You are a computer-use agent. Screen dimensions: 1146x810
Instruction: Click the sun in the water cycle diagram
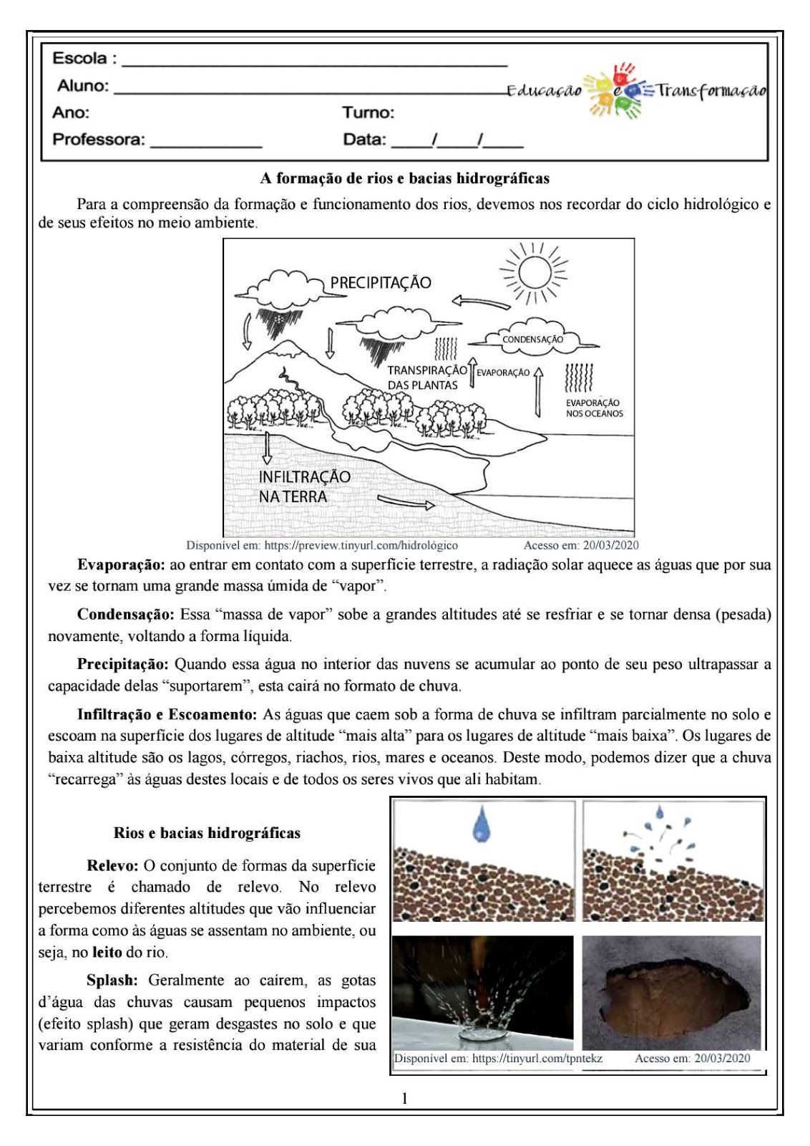534,273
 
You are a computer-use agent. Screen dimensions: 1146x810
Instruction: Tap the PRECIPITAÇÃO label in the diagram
381,282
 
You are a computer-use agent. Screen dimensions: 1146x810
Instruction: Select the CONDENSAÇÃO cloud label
532,340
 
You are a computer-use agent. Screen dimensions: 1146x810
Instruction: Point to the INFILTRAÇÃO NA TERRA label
304,486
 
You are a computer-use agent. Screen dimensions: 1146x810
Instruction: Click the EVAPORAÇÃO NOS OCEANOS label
594,408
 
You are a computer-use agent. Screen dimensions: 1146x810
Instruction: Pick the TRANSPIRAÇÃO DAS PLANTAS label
426,377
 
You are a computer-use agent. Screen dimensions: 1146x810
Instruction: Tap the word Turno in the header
367,112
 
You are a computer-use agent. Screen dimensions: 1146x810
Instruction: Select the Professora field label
98,140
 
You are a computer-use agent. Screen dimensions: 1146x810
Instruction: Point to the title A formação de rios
404,178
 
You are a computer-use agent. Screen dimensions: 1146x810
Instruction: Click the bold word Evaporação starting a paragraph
121,564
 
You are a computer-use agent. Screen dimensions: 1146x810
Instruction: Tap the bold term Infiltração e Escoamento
167,714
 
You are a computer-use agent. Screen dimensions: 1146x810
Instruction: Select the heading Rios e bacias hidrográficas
207,833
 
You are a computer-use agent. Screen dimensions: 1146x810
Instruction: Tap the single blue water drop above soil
482,824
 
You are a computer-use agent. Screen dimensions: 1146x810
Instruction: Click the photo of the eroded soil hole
673,992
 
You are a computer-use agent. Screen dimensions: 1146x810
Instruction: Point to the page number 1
405,1098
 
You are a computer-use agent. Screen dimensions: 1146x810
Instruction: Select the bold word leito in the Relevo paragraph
107,952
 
